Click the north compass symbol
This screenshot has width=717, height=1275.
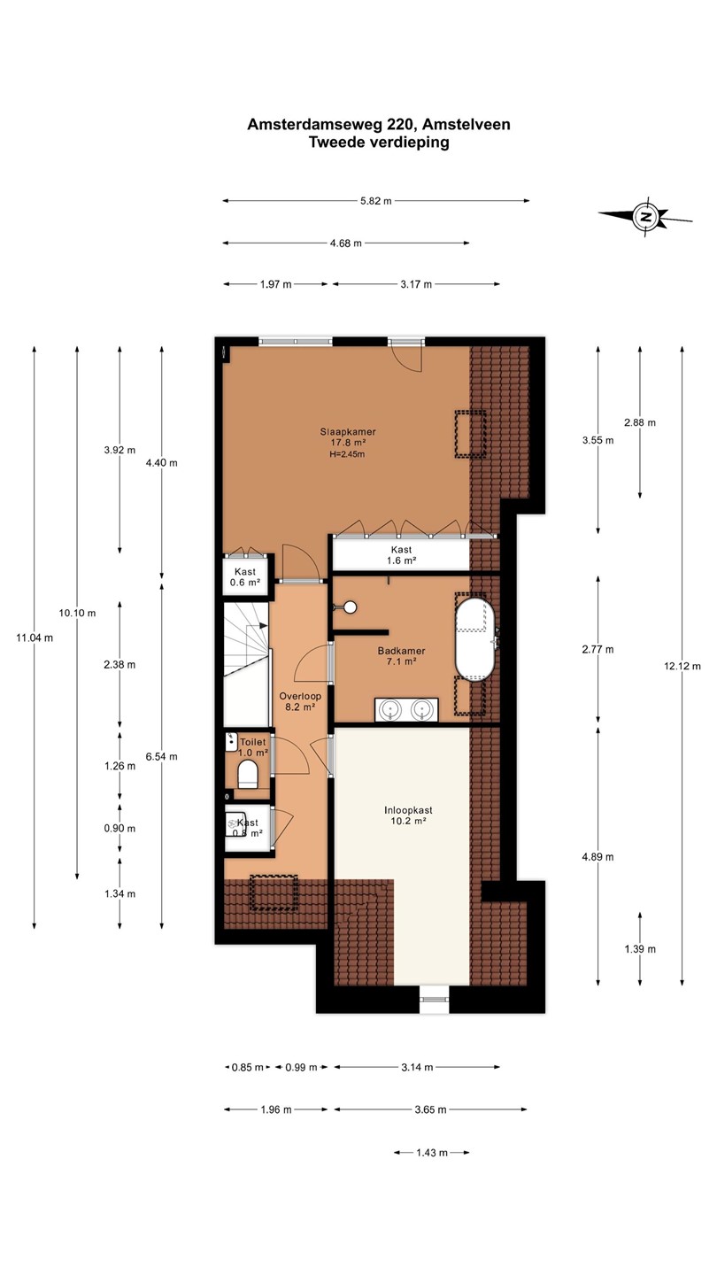(x=646, y=216)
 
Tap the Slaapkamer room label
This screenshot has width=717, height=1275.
(x=348, y=432)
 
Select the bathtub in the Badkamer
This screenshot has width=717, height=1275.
(x=474, y=638)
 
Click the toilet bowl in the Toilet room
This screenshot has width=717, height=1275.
(x=248, y=774)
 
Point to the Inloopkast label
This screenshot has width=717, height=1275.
(x=408, y=810)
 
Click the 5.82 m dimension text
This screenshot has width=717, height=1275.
(x=375, y=201)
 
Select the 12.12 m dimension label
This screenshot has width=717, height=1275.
(x=682, y=666)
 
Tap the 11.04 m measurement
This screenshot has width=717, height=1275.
(x=35, y=638)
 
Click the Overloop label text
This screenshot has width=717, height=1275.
(x=300, y=696)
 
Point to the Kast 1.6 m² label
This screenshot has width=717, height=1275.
(x=401, y=555)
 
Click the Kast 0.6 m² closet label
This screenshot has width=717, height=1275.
(x=244, y=577)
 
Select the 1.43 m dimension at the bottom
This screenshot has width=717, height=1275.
(x=432, y=1153)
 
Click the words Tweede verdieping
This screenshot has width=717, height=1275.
(x=379, y=143)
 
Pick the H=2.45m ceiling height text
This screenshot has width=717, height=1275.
(x=347, y=454)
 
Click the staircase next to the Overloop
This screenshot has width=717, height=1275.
(x=246, y=664)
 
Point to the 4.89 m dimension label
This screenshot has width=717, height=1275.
(x=598, y=857)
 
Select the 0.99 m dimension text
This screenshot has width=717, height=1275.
(x=301, y=1067)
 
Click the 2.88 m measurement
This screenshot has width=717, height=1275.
(x=640, y=422)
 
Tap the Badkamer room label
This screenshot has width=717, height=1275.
(x=401, y=651)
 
